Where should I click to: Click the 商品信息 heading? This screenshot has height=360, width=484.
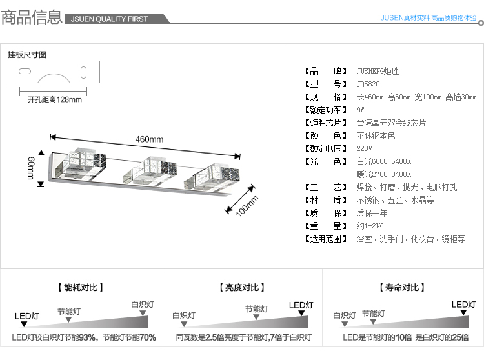click(32, 17)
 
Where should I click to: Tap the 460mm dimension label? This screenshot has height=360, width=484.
click(149, 139)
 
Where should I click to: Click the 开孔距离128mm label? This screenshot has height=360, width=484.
click(55, 99)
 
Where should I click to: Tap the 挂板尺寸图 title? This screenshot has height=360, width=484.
click(27, 55)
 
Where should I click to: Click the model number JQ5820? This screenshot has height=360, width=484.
click(368, 84)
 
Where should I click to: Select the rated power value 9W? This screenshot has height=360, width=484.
click(360, 110)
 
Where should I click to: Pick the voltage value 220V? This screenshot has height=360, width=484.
click(365, 148)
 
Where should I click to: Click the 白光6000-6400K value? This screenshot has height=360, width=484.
click(383, 161)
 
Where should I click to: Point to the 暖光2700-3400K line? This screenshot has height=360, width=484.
click(383, 174)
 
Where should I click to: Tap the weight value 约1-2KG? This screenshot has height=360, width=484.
click(370, 226)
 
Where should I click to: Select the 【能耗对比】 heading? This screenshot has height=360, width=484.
click(80, 288)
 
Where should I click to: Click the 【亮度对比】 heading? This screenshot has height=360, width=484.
click(241, 288)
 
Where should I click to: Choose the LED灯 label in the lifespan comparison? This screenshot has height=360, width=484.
click(463, 305)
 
